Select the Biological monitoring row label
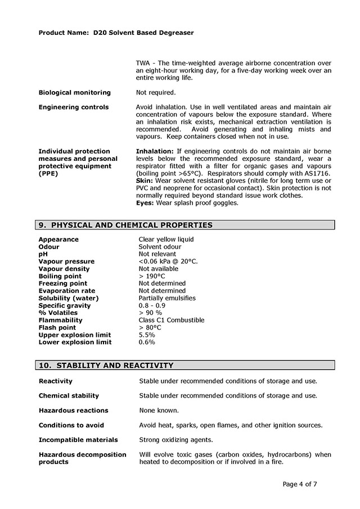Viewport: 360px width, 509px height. (75, 92)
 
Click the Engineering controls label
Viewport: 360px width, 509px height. (74, 107)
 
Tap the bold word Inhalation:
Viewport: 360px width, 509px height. (155, 151)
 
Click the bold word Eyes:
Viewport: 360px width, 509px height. (145, 202)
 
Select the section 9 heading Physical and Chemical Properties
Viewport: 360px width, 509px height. (125, 225)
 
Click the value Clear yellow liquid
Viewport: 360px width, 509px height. (166, 240)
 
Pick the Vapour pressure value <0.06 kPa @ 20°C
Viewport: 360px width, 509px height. (168, 262)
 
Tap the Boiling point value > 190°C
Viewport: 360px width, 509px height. (152, 276)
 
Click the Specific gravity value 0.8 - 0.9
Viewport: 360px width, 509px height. (152, 305)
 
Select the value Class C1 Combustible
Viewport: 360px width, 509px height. (171, 320)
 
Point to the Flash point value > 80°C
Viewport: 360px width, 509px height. (150, 327)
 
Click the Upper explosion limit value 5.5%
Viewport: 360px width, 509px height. (147, 335)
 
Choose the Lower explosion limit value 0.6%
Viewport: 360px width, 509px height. (147, 342)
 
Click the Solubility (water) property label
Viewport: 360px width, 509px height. (69, 298)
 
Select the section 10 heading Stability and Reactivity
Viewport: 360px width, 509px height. (106, 365)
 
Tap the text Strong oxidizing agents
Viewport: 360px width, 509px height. (176, 440)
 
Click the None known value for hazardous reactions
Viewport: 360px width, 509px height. (159, 411)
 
